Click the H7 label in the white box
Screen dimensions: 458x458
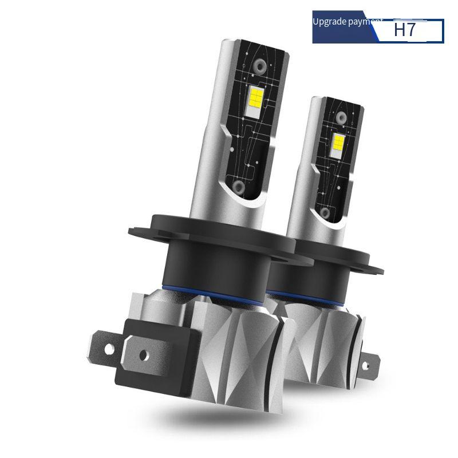click(x=405, y=30)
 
